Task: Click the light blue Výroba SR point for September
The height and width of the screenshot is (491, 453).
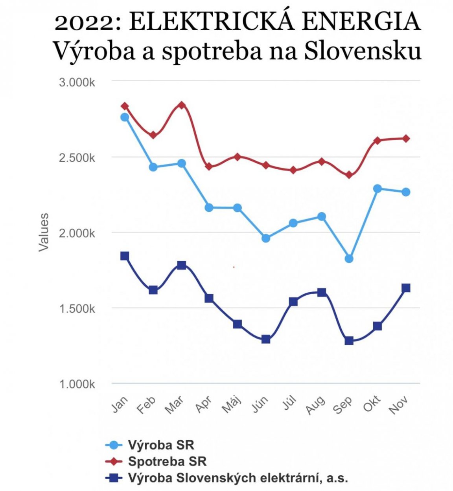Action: pyautogui.click(x=349, y=258)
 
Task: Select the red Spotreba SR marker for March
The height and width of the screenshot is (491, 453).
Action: pyautogui.click(x=181, y=105)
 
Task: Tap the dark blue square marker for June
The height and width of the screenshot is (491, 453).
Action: pyautogui.click(x=266, y=339)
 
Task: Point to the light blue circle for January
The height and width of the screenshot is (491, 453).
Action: pyautogui.click(x=125, y=117)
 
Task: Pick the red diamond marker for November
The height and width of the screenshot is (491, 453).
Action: pyautogui.click(x=406, y=138)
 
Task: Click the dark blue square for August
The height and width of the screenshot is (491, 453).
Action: pyautogui.click(x=322, y=292)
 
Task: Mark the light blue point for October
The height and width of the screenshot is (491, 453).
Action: pyautogui.click(x=377, y=189)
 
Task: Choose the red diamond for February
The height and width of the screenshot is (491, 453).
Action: pyautogui.click(x=153, y=136)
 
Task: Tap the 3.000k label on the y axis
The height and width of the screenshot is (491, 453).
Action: pyautogui.click(x=77, y=83)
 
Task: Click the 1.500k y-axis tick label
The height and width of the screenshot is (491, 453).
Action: pyautogui.click(x=77, y=308)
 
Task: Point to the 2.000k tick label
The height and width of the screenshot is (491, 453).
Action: pyautogui.click(x=77, y=233)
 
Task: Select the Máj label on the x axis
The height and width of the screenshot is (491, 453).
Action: pyautogui.click(x=232, y=404)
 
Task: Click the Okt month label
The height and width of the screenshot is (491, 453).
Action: pyautogui.click(x=372, y=404)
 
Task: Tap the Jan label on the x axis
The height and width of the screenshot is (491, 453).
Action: pyautogui.click(x=120, y=404)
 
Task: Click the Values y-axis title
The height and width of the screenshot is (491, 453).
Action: pyautogui.click(x=44, y=232)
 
